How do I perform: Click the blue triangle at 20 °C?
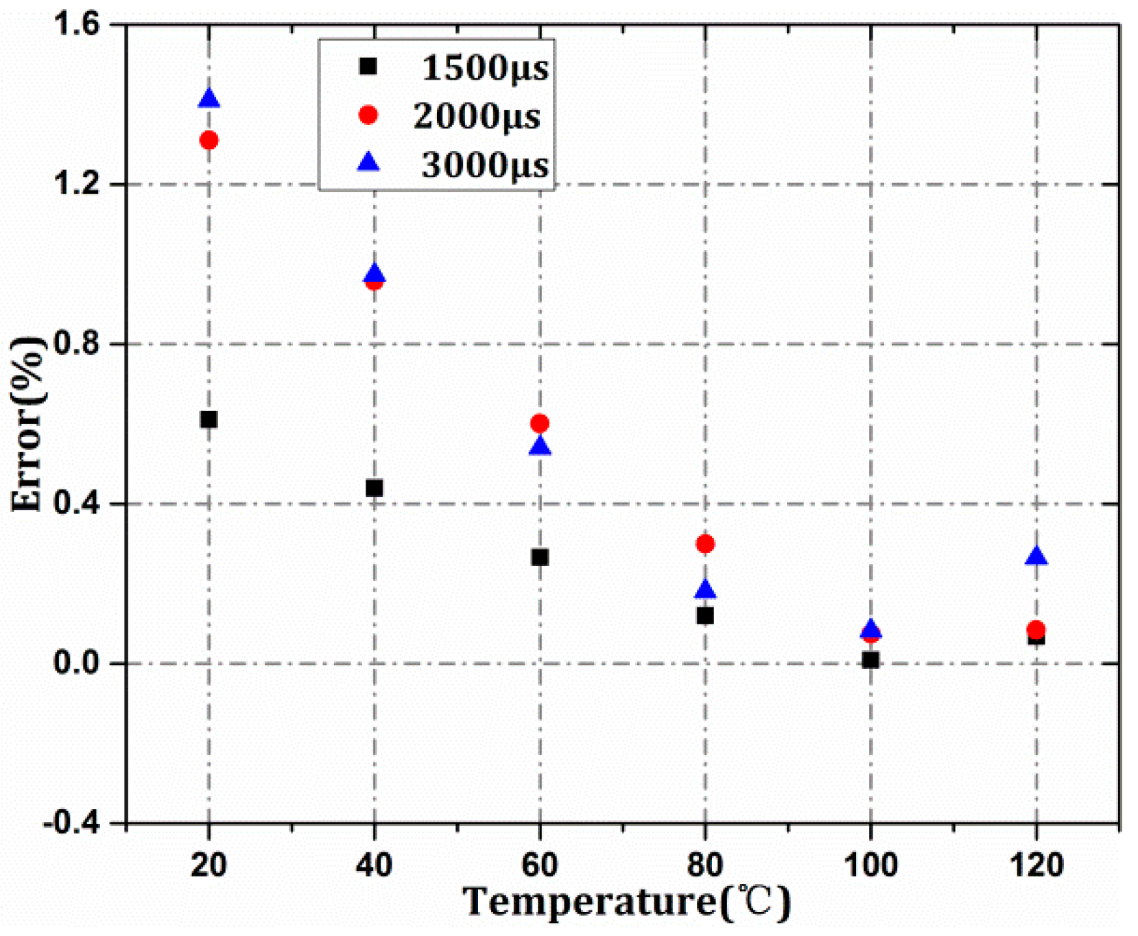tap(209, 100)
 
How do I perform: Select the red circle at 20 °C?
tap(209, 141)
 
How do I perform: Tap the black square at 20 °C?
tap(209, 419)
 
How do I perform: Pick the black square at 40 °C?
tap(374, 489)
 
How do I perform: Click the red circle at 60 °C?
tap(540, 423)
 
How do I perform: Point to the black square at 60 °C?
tap(540, 558)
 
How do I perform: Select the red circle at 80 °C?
tap(705, 544)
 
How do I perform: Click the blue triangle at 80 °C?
tap(705, 590)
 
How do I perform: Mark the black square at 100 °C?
tap(870, 660)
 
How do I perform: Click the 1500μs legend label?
tap(485, 68)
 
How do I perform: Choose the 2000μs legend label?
tap(477, 116)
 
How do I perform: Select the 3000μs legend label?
tap(485, 165)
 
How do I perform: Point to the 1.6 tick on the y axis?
tap(81, 25)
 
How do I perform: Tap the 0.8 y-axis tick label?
tap(81, 344)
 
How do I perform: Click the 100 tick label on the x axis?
tap(870, 866)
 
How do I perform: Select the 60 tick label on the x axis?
tap(540, 866)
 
